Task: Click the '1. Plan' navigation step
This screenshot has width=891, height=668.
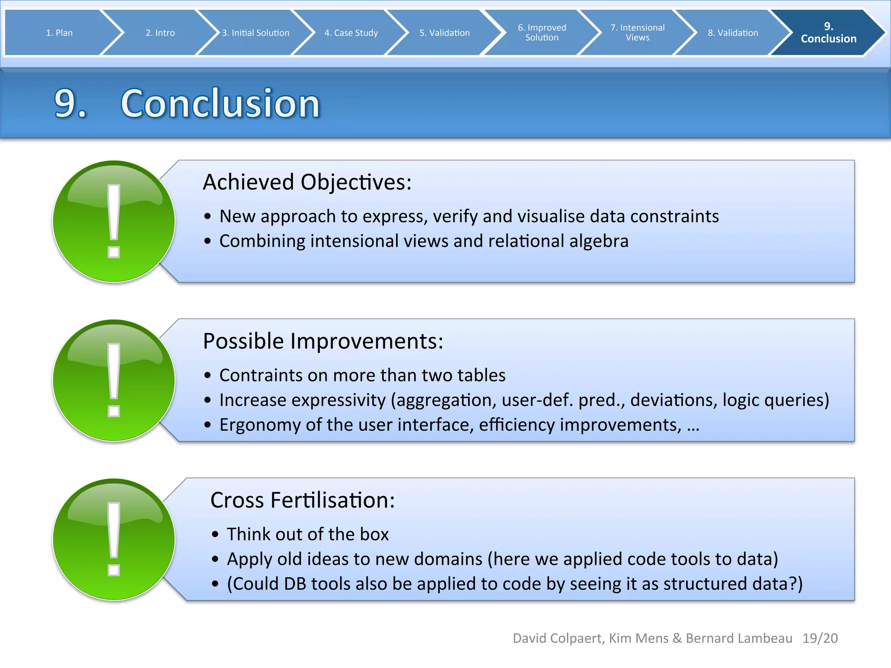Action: click(59, 33)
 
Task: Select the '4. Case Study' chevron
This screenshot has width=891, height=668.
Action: click(351, 33)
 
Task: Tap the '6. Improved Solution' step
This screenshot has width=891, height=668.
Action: click(542, 33)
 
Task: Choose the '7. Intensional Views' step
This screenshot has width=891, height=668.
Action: click(637, 33)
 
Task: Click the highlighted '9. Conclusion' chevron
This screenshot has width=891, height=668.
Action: click(828, 33)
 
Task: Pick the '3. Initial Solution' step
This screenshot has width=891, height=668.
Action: click(255, 33)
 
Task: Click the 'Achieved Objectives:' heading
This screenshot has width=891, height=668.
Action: click(307, 182)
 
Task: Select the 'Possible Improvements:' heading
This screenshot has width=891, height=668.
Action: click(323, 341)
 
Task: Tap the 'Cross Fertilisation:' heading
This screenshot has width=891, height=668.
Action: click(302, 500)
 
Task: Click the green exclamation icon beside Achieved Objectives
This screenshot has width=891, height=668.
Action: click(114, 221)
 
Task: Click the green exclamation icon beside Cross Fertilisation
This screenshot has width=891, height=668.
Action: click(114, 539)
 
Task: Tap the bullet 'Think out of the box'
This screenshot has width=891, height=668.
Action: click(307, 534)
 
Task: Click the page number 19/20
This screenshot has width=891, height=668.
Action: click(820, 638)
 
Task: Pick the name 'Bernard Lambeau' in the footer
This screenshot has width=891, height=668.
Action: click(739, 638)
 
